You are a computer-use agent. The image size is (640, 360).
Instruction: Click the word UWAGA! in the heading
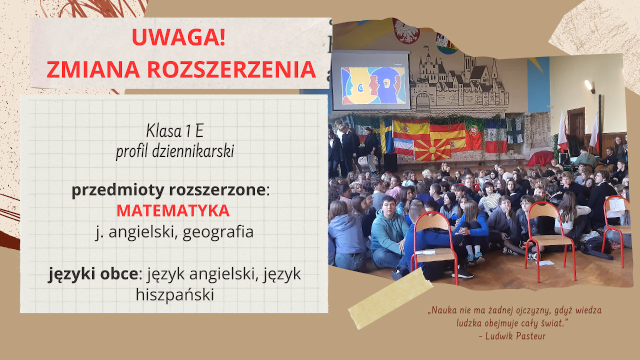pos(178,38)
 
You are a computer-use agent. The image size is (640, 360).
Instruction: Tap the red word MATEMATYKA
pos(173,210)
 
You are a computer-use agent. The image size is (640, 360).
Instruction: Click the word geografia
pos(218,232)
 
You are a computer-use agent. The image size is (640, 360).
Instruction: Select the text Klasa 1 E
pos(174,131)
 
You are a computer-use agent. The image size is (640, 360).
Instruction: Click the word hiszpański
pos(174,294)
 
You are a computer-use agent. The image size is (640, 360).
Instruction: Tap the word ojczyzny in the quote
pos(512,310)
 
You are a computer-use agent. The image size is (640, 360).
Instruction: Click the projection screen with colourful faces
pos(370,80)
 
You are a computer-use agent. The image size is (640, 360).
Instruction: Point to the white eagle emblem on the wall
pos(405,30)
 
